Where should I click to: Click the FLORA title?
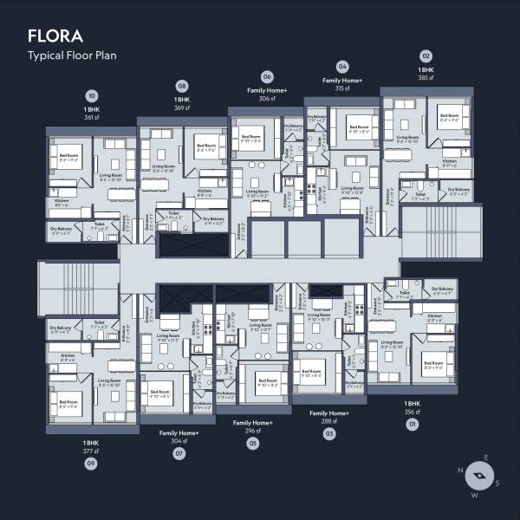pyautogui.click(x=55, y=36)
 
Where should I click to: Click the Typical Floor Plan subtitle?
pyautogui.click(x=72, y=55)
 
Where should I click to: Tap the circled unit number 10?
pyautogui.click(x=93, y=96)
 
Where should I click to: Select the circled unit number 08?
pyautogui.click(x=182, y=86)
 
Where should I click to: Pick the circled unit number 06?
pyautogui.click(x=267, y=76)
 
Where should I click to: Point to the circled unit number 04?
pyautogui.click(x=342, y=66)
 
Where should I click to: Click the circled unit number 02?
pyautogui.click(x=426, y=55)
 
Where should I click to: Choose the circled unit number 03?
pyautogui.click(x=329, y=432)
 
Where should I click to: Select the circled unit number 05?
pyautogui.click(x=253, y=443)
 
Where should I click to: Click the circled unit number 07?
pyautogui.click(x=179, y=452)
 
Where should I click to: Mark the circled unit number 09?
pyautogui.click(x=91, y=464)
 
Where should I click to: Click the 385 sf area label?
pyautogui.click(x=426, y=78)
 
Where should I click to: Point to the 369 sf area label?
pyautogui.click(x=182, y=108)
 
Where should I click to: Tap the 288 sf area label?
pyautogui.click(x=329, y=420)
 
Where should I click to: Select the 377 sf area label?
pyautogui.click(x=91, y=452)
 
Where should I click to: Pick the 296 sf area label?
pyautogui.click(x=253, y=431)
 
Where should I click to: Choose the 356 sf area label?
pyautogui.click(x=412, y=413)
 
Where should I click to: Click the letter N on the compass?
pyautogui.click(x=463, y=473)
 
